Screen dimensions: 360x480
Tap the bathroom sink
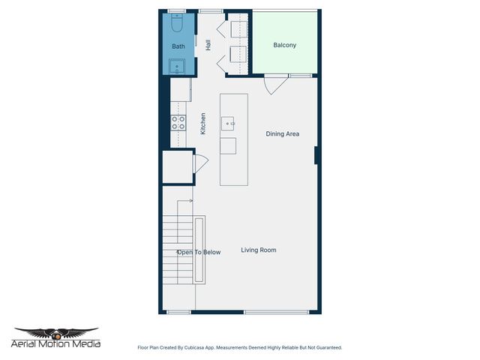coord(178,67)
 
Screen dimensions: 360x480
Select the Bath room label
coord(178,46)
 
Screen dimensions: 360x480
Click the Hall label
coord(208,46)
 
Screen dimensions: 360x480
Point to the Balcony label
coord(284,45)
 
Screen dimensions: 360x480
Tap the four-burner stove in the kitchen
coord(178,122)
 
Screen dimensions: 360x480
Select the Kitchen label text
coord(202,124)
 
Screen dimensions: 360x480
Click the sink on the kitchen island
coord(228,123)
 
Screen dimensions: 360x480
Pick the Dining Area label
coord(283,134)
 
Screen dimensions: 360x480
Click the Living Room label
coord(259,250)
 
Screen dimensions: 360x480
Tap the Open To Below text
coord(199,252)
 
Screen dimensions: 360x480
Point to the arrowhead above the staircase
coord(191,201)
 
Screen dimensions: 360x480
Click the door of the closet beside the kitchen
coord(200,163)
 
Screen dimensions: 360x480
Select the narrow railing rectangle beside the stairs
coord(199,250)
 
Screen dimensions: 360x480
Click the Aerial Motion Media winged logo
coord(56,332)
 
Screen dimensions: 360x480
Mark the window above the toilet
coord(177,10)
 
